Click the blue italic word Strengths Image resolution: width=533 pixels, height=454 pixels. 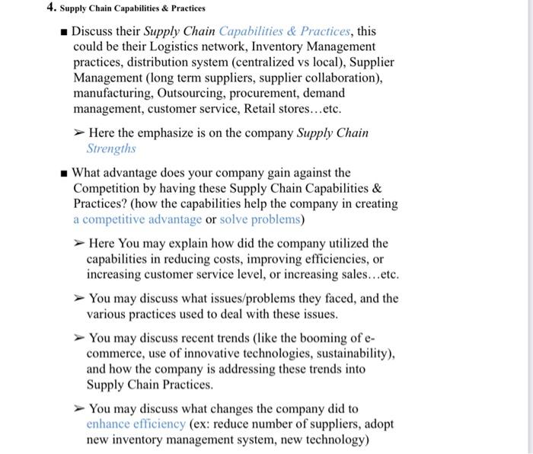point(110,149)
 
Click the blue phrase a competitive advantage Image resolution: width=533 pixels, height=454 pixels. point(138,219)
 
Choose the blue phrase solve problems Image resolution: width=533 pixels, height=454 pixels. point(259,219)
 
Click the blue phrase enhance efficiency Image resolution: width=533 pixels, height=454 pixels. point(136,424)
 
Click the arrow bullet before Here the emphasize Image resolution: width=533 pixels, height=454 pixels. point(78,133)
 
